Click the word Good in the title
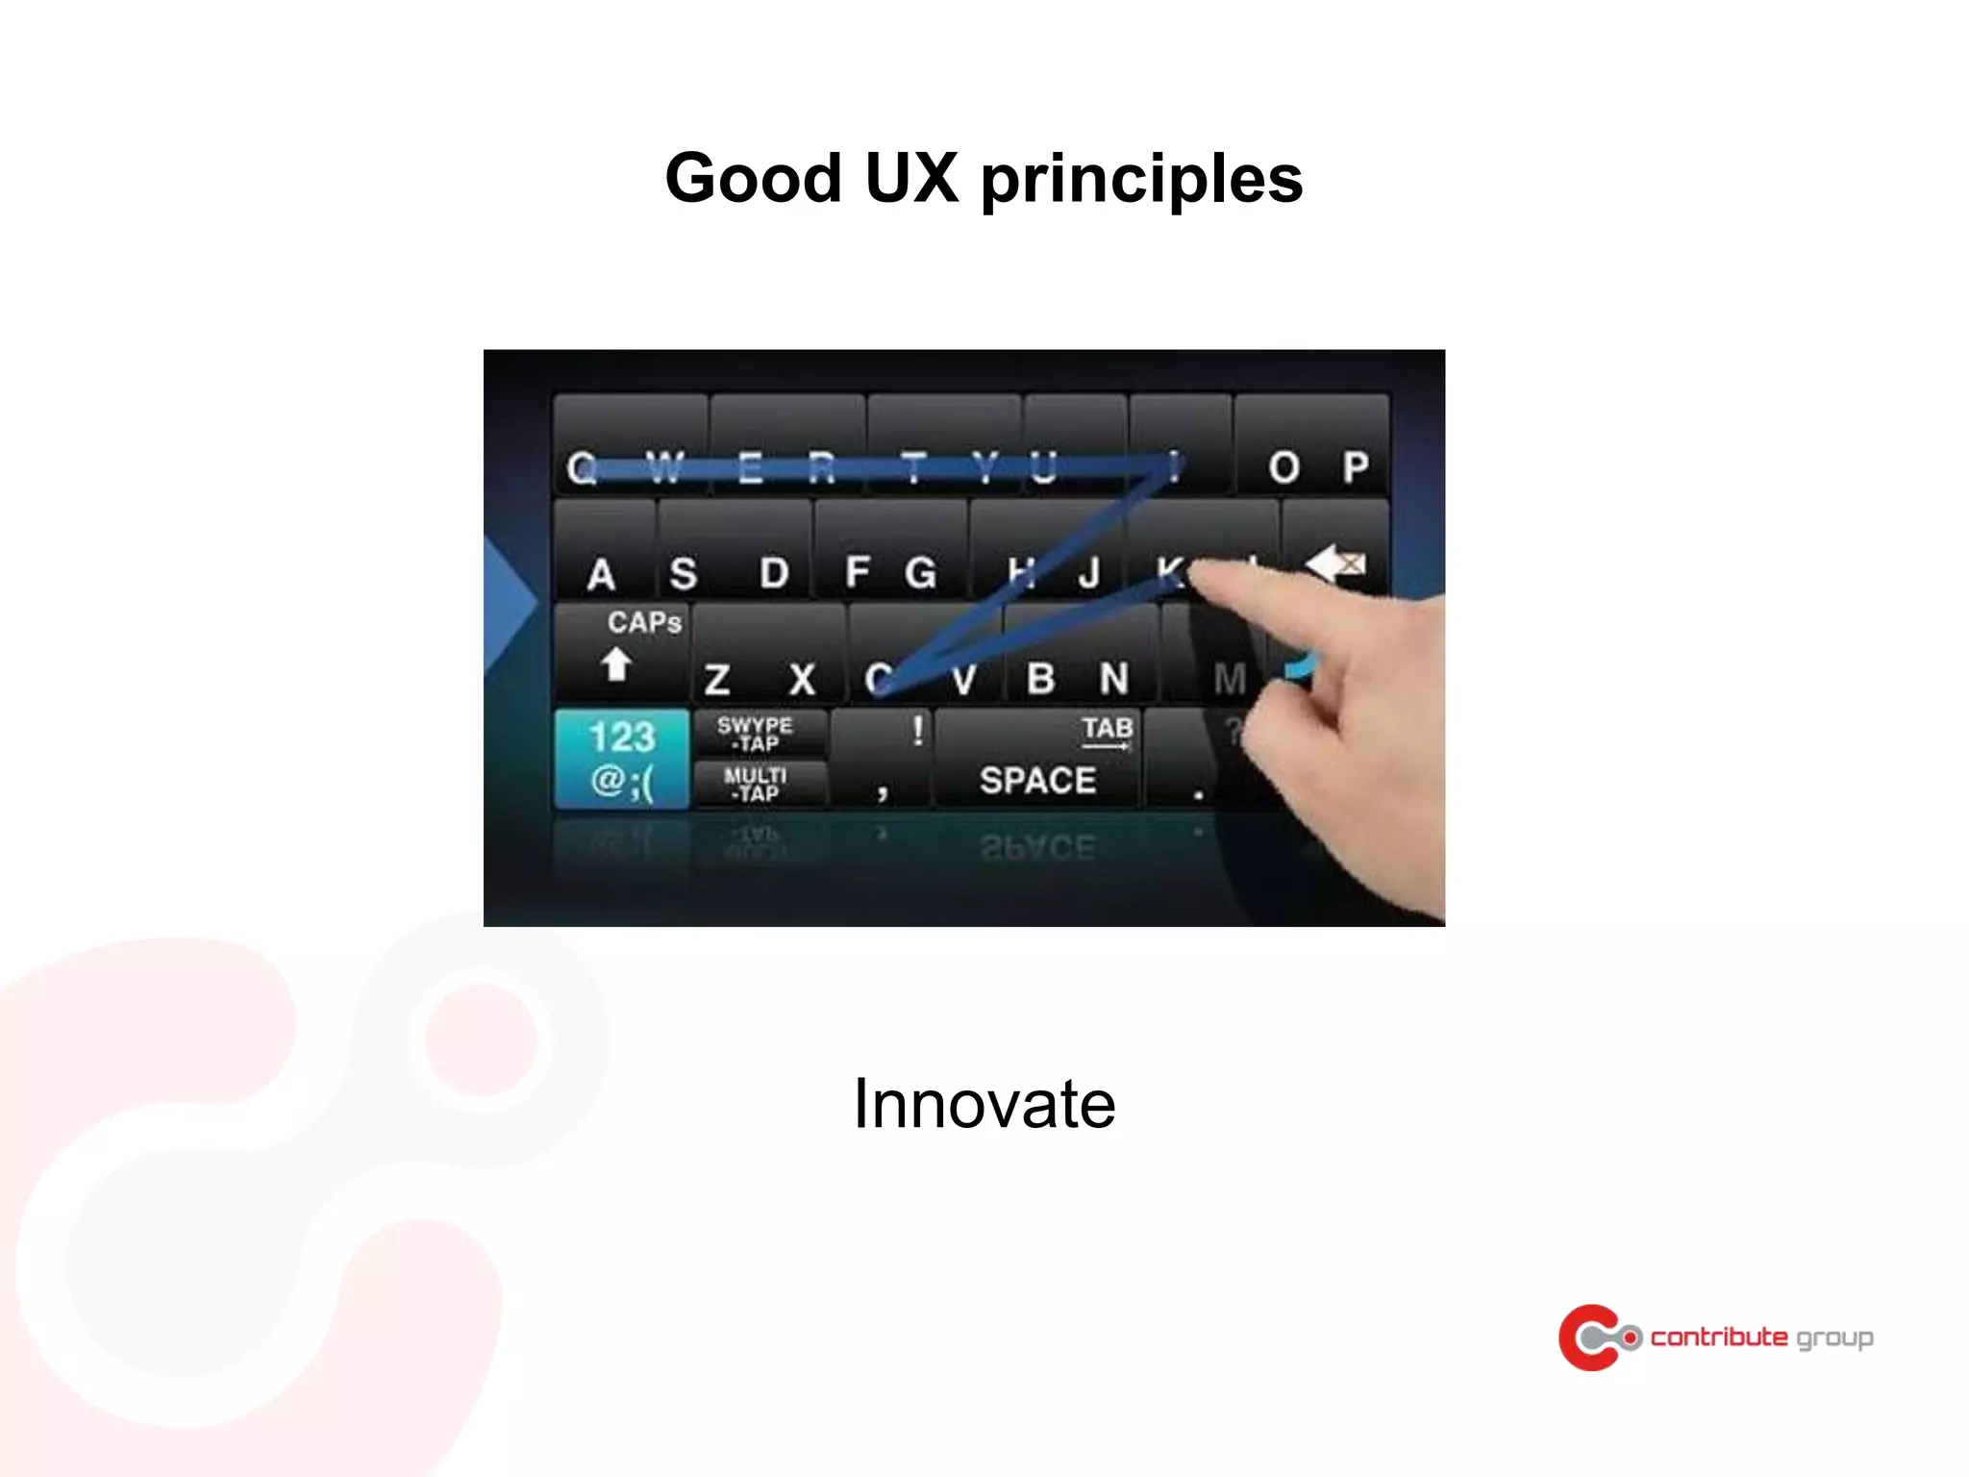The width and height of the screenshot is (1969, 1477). click(x=753, y=179)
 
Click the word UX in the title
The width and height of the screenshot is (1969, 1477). click(x=910, y=179)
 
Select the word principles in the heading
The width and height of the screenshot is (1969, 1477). click(x=1141, y=181)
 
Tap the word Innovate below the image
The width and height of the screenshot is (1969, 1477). click(x=984, y=1103)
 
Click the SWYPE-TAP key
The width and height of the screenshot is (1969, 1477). click(x=756, y=734)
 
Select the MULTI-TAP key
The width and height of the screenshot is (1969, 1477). click(x=756, y=784)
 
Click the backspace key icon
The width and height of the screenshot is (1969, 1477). click(x=1336, y=563)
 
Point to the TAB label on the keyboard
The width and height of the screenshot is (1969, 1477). click(x=1107, y=728)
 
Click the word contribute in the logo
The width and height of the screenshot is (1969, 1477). click(x=1718, y=1337)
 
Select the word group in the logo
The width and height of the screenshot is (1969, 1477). click(x=1834, y=1339)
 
